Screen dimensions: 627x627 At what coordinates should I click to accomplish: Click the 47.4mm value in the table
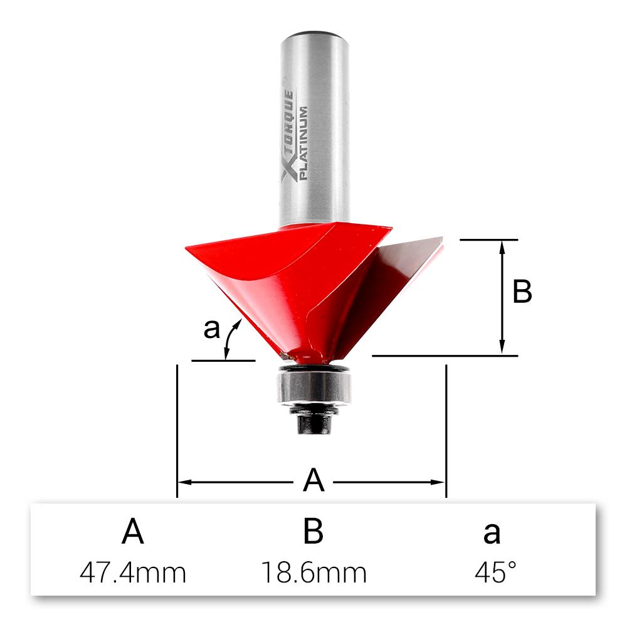(x=133, y=572)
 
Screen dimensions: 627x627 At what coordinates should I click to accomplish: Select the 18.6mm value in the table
(x=313, y=572)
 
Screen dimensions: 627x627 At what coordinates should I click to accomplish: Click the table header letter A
(x=133, y=532)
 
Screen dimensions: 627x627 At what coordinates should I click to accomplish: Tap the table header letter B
(x=313, y=532)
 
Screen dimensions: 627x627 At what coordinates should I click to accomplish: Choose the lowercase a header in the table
(x=492, y=534)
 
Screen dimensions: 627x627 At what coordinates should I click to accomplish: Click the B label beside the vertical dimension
(x=522, y=292)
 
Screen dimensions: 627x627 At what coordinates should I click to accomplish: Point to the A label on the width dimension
(x=313, y=482)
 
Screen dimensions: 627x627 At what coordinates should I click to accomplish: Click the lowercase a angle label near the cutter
(x=212, y=328)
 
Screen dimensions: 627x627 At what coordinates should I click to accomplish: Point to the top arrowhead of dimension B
(x=502, y=246)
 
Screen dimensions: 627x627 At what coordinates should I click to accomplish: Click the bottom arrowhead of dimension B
(x=502, y=349)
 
